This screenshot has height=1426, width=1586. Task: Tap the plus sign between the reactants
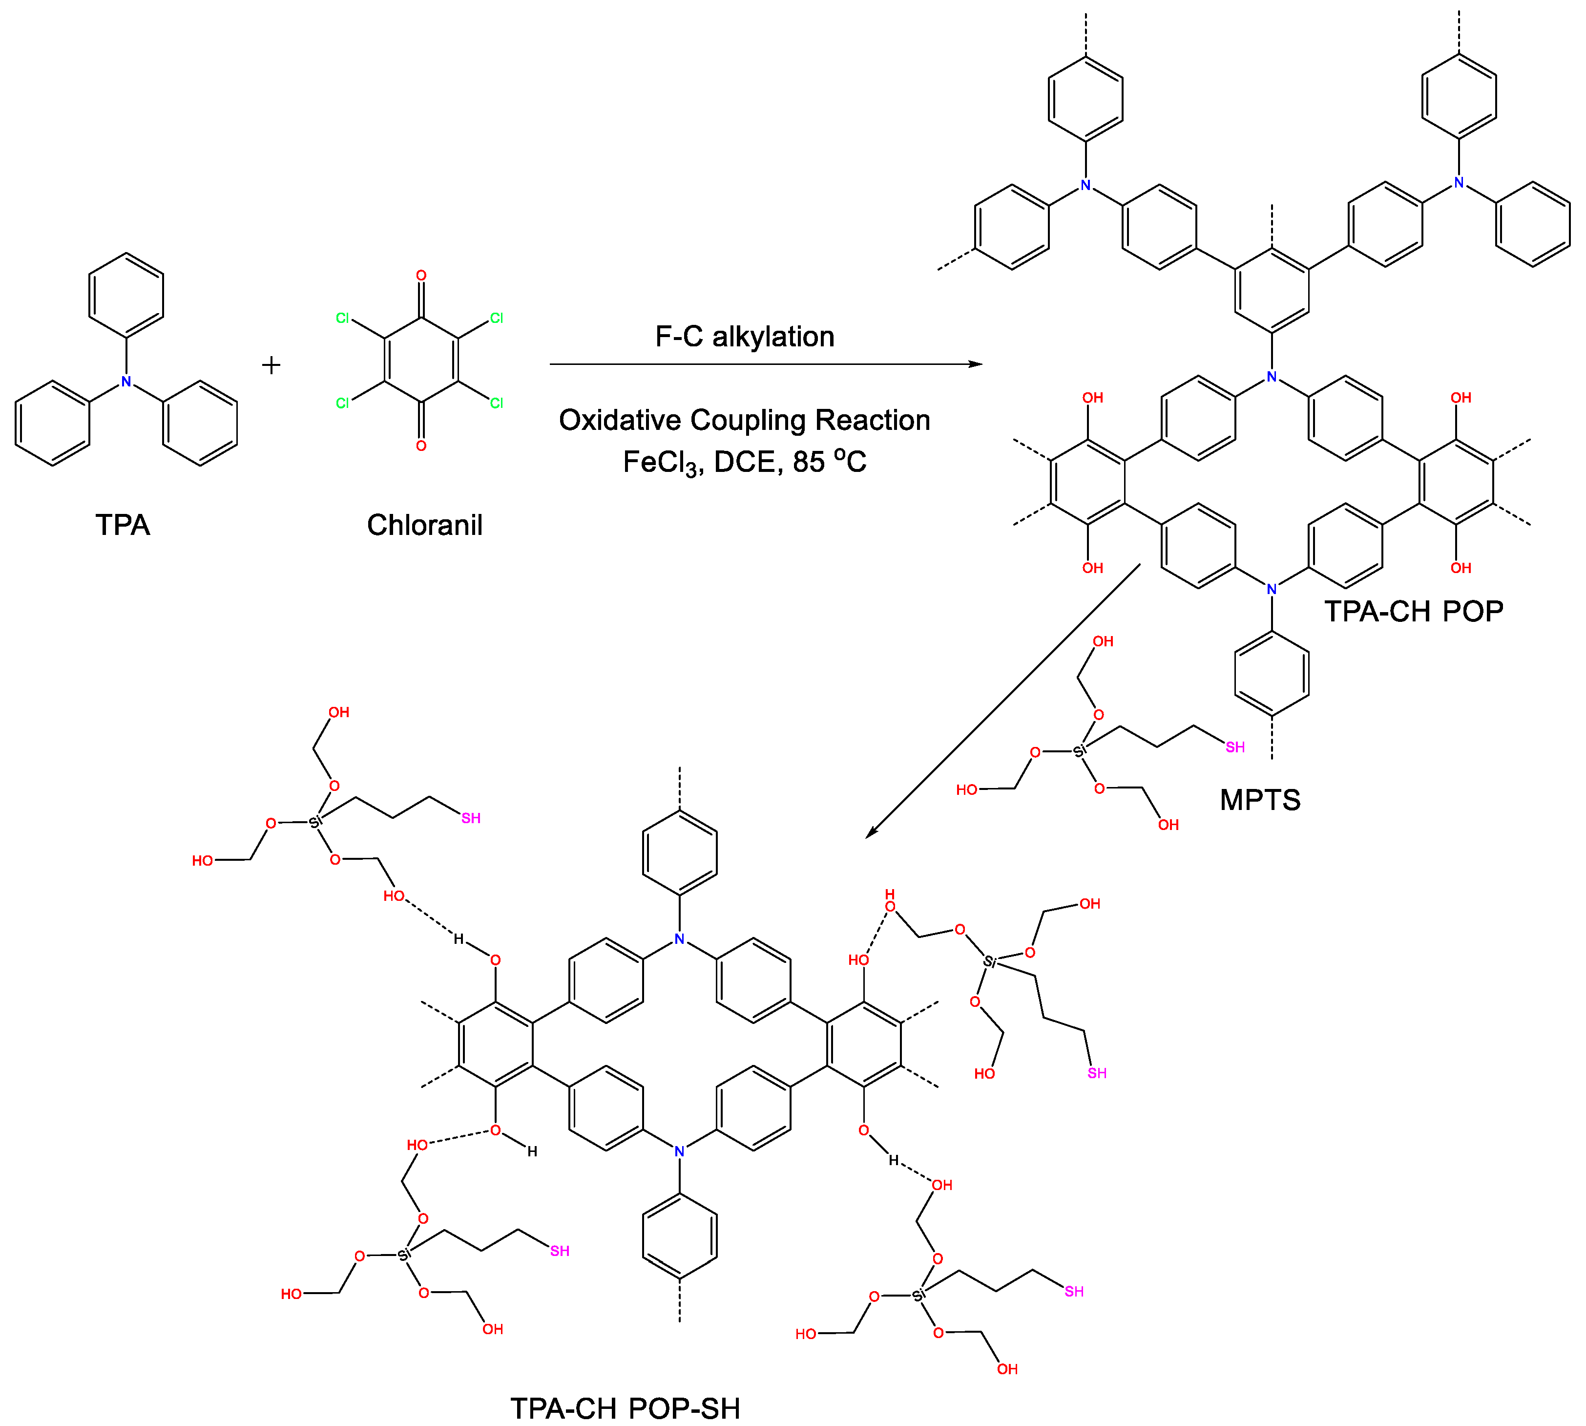pos(271,365)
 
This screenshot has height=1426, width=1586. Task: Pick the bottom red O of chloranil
pos(421,446)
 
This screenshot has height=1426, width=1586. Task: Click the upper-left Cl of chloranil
pos(342,318)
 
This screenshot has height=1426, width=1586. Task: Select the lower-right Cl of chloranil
pos(497,404)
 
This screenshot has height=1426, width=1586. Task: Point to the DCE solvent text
pos(748,462)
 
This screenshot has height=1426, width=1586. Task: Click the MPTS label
pos(1260,801)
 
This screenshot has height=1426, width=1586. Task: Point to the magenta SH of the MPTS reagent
pos(1235,747)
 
